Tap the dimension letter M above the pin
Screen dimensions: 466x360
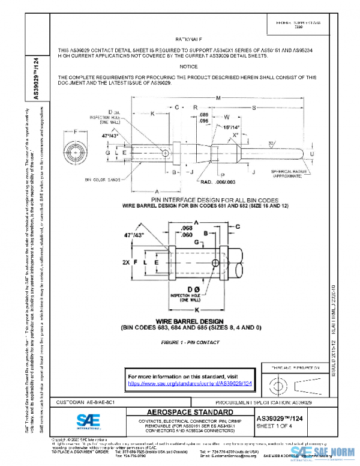[x=217, y=98]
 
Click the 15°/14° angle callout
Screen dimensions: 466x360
[x=232, y=128]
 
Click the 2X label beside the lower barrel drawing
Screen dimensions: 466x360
[x=125, y=262]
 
